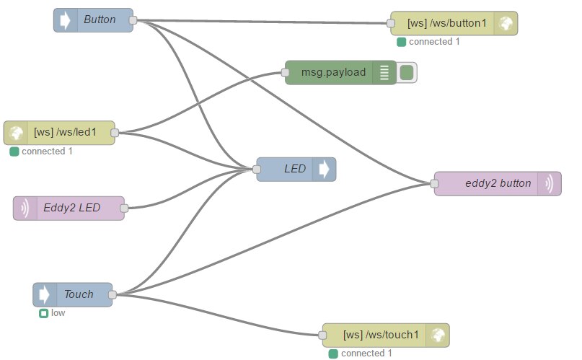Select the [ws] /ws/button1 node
447,23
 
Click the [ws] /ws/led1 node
69,133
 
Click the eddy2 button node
498,183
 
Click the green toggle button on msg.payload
407,72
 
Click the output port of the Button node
133,20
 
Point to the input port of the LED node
257,170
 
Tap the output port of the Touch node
113,294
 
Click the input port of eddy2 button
435,183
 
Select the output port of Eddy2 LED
124,208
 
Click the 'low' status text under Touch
58,313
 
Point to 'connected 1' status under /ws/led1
47,152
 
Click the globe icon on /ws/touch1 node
436,335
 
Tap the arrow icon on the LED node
324,170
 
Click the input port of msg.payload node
285,72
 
